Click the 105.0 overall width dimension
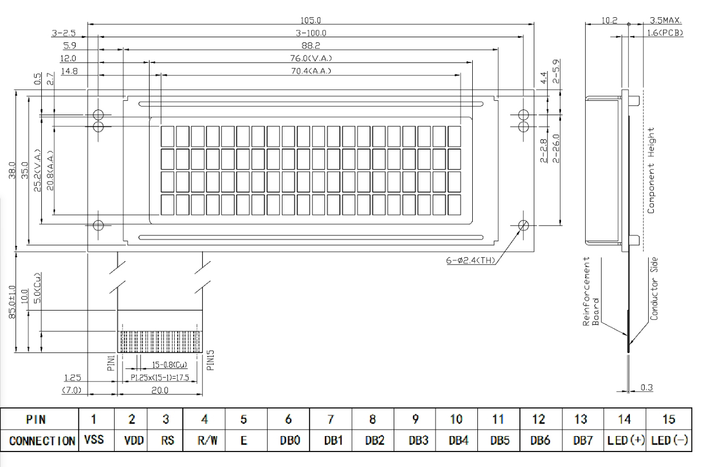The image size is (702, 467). click(x=311, y=20)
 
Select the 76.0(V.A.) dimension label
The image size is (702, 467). click(x=311, y=58)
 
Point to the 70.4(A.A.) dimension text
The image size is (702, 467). click(x=311, y=71)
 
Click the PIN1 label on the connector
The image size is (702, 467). click(x=112, y=362)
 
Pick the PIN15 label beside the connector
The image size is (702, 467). click(x=210, y=360)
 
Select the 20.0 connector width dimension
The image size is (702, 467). click(x=160, y=391)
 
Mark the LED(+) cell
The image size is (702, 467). click(x=625, y=441)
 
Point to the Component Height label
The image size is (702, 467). click(x=651, y=170)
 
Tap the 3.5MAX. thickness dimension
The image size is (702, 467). click(x=666, y=20)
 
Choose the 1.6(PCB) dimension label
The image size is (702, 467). click(x=666, y=33)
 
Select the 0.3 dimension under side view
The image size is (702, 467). click(x=646, y=388)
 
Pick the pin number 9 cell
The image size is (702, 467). click(x=414, y=420)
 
